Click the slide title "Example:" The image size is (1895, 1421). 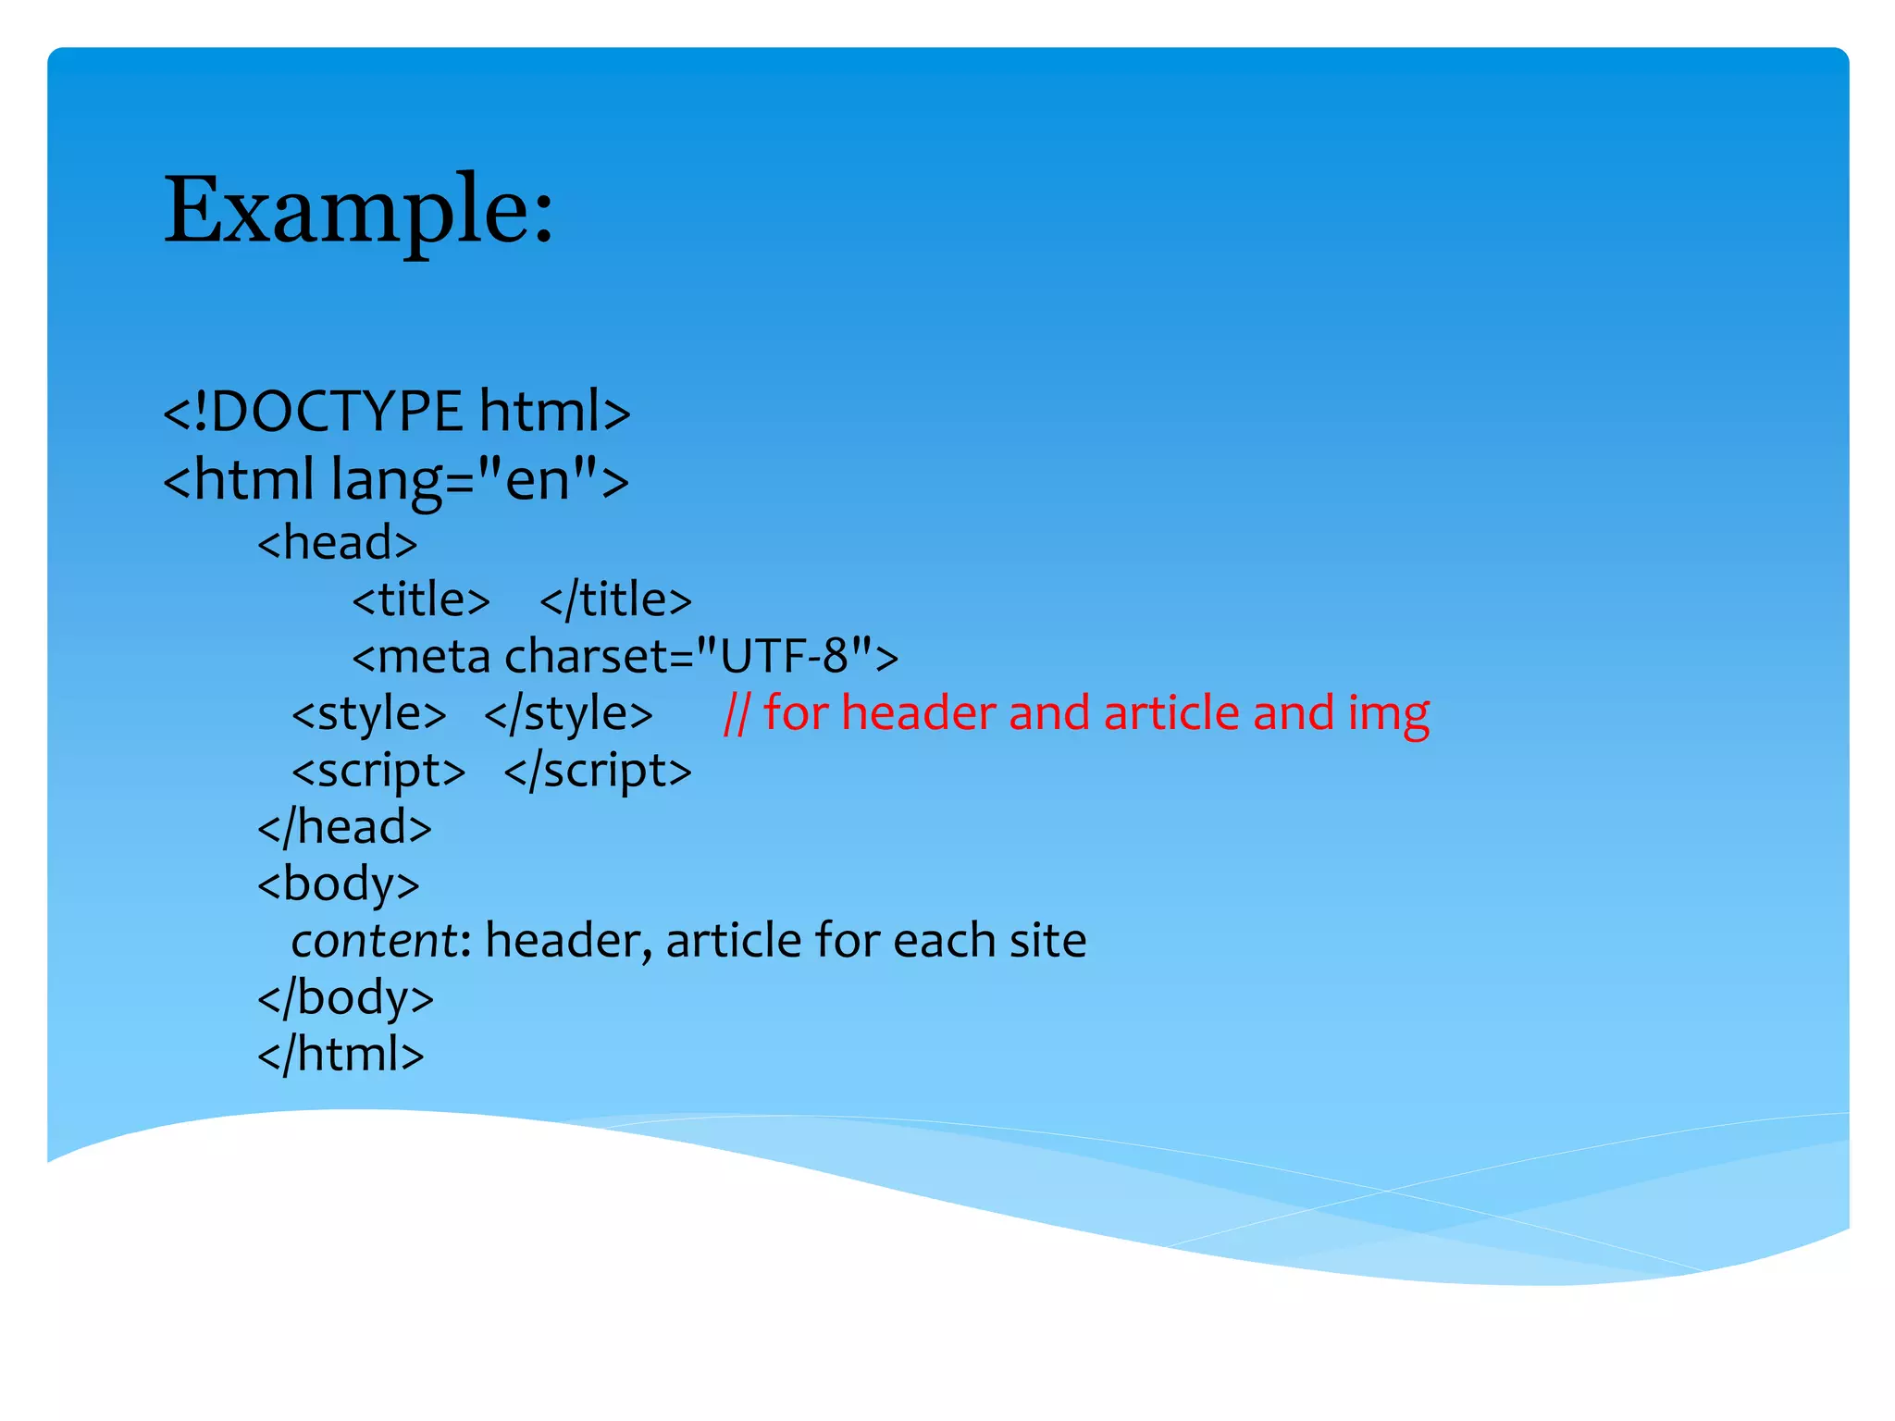click(359, 211)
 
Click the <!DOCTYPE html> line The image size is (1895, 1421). click(396, 412)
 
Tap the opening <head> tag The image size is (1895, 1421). click(338, 543)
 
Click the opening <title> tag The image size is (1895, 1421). click(421, 600)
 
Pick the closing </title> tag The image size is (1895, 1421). click(615, 600)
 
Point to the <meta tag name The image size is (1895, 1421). click(421, 657)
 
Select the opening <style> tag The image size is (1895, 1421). click(368, 714)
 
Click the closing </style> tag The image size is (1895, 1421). click(568, 714)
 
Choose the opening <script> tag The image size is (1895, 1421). click(378, 772)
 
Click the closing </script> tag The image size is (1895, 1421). click(598, 772)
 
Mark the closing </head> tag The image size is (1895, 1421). click(344, 828)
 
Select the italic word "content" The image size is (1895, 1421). click(373, 942)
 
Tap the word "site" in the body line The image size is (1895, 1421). click(1047, 942)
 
